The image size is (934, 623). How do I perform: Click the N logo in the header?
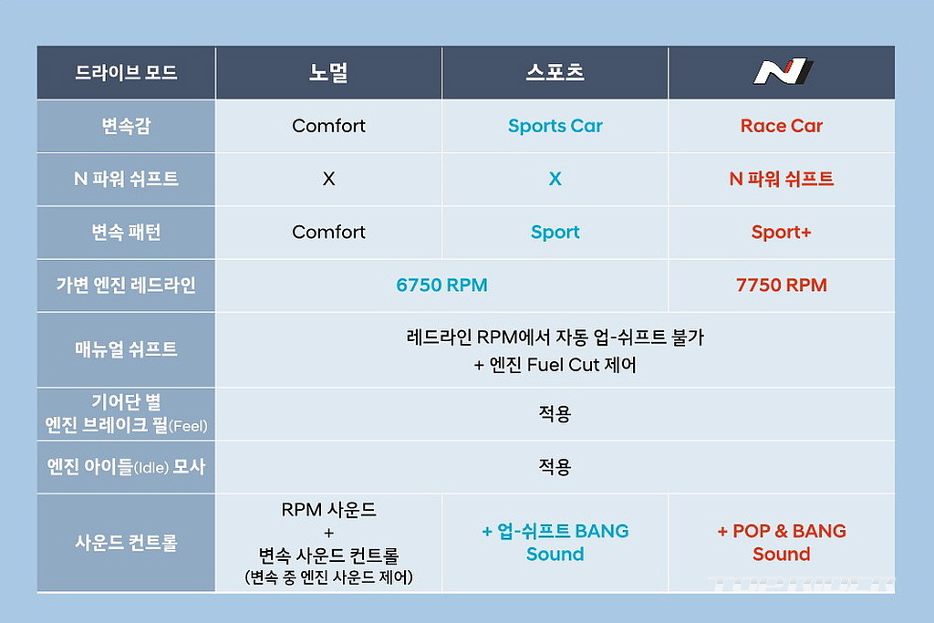783,71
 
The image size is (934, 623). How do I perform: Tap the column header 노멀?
328,72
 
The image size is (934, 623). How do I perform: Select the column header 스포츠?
555,72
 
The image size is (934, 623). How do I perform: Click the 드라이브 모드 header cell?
126,73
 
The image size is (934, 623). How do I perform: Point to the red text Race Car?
782,126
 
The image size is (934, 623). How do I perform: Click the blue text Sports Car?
555,126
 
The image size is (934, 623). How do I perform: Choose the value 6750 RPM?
442,286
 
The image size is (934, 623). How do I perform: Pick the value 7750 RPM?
782,286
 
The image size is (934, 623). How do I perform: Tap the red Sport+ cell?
782,233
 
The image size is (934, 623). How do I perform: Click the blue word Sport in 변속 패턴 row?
555,233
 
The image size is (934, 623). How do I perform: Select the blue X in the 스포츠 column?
555,179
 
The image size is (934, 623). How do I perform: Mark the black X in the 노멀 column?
328,179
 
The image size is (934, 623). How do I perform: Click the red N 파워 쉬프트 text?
782,179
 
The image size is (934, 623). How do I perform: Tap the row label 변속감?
126,126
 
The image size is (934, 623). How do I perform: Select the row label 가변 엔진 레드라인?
126,286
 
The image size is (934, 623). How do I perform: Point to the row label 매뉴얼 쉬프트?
126,349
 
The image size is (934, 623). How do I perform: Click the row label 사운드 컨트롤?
126,543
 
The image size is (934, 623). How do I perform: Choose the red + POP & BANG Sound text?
782,543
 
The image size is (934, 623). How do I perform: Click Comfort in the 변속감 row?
328,126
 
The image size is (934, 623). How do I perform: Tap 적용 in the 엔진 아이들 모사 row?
555,466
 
